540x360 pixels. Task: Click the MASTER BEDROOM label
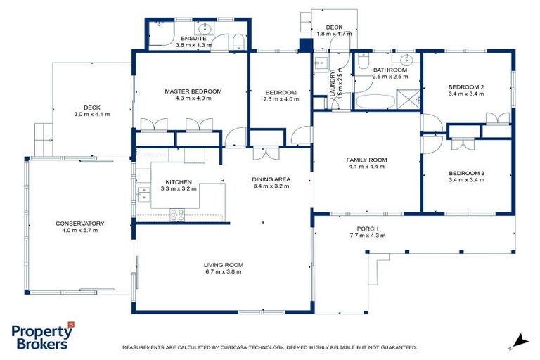tap(193, 91)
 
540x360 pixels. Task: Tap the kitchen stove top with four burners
tap(177, 214)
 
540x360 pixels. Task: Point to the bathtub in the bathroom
tap(373, 103)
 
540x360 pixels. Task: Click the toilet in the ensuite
tap(238, 40)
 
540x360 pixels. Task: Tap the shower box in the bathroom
tap(407, 101)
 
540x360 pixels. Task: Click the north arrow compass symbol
tap(520, 340)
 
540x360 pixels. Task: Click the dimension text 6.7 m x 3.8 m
tap(224, 271)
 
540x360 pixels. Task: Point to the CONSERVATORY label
tap(79, 224)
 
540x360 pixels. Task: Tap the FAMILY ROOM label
tap(366, 160)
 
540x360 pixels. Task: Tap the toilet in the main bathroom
tap(364, 61)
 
